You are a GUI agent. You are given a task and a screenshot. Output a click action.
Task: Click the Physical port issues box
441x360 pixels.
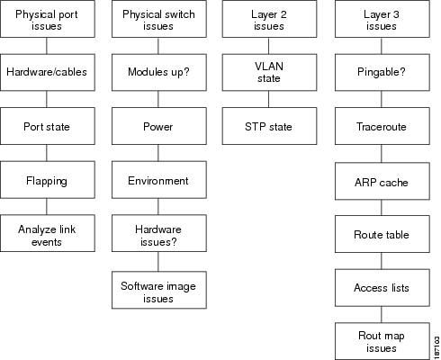[48, 19]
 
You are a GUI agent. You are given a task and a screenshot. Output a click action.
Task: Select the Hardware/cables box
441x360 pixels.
[48, 72]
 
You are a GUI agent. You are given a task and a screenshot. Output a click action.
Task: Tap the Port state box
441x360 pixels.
[48, 126]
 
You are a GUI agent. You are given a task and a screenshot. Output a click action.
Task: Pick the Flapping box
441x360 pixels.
[48, 180]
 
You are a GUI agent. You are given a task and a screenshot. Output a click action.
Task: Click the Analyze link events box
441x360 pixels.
[48, 233]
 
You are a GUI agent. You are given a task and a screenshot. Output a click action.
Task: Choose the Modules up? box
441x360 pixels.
[159, 72]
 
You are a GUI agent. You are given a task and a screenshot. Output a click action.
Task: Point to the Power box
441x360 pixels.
[159, 126]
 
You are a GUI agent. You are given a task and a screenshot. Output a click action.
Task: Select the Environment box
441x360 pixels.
[159, 180]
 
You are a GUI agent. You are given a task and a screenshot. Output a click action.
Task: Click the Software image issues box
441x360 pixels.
[159, 290]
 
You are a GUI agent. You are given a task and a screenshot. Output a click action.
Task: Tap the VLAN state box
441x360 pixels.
[269, 72]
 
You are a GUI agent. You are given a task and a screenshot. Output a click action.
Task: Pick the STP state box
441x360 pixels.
[269, 126]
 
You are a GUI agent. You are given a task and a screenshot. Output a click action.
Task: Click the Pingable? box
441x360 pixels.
[382, 72]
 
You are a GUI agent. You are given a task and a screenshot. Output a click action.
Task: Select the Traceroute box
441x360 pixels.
[382, 126]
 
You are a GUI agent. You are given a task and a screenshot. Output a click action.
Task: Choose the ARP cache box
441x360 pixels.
[382, 181]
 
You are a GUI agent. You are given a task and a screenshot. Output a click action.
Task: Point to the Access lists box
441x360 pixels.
[382, 288]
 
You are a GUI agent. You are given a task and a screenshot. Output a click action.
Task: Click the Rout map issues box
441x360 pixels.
[382, 341]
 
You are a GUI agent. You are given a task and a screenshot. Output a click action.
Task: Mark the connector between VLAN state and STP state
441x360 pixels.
[268, 99]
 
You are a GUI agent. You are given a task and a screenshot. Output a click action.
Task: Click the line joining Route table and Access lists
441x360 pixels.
[382, 261]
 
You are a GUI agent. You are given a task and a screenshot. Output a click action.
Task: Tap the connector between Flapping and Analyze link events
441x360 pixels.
[47, 206]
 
